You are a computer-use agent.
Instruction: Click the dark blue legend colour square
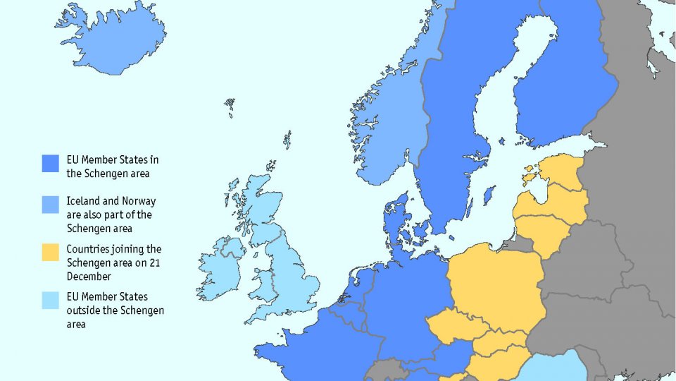[x=50, y=164]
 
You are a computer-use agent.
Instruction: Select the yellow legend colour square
[x=50, y=252]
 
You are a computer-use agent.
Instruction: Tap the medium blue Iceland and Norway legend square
[x=50, y=205]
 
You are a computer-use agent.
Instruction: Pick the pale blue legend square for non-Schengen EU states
[x=50, y=301]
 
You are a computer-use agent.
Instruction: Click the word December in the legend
[x=86, y=277]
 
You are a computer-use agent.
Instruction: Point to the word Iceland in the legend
[x=82, y=201]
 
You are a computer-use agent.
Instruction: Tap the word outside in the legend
[x=82, y=310]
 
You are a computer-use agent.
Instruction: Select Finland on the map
[x=563, y=92]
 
